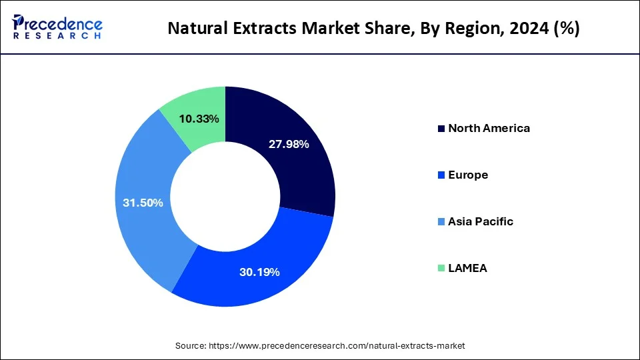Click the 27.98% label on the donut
pos(288,145)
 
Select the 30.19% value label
pos(259,272)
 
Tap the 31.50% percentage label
pos(143,203)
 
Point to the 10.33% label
pos(200,119)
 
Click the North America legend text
pos(489,128)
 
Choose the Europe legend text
pos(468,175)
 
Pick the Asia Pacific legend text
pos(481,221)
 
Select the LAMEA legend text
pos(467,268)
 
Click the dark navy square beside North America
pos(441,129)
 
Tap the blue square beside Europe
pos(441,175)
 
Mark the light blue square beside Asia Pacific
pos(441,222)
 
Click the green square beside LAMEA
pos(441,269)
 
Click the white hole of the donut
pos(225,197)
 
